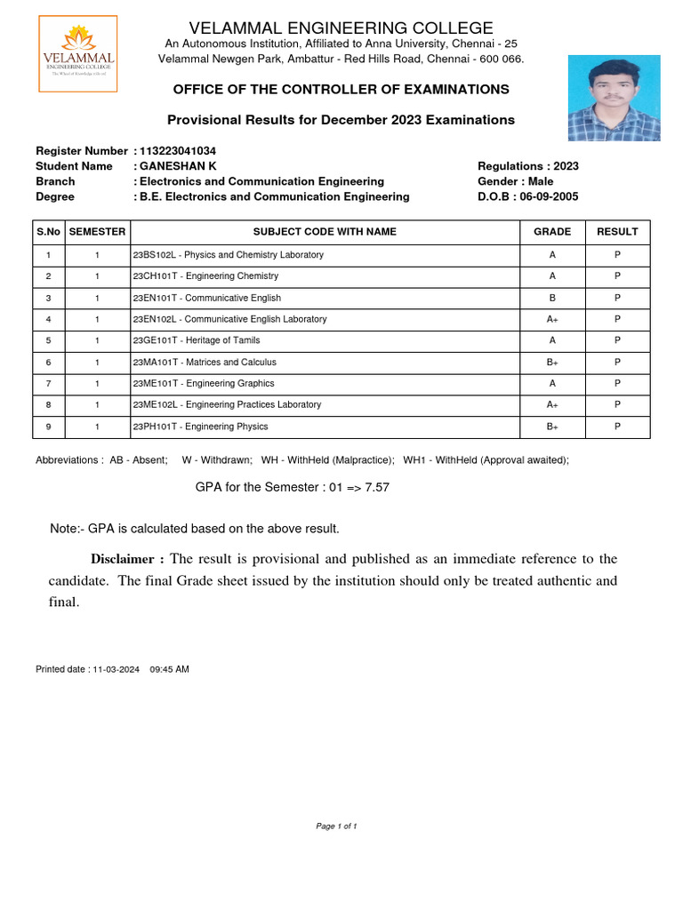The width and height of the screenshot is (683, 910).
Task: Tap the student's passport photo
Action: coord(614,98)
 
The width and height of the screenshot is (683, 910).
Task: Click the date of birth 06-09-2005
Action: coord(548,196)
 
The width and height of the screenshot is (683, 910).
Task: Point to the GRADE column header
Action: coord(552,232)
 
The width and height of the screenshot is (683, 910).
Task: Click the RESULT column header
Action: coord(617,232)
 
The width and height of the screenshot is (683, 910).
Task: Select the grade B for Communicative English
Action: coord(552,298)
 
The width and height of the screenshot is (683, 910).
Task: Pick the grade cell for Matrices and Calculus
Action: coord(552,363)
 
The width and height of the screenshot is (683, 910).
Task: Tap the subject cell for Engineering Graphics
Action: coord(204,384)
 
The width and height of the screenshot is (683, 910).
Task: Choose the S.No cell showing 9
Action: coord(48,427)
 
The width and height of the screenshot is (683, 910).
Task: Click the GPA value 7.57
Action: coord(377,488)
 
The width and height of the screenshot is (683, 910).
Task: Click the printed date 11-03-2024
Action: coord(116,669)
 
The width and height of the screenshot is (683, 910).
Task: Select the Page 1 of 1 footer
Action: coord(336,826)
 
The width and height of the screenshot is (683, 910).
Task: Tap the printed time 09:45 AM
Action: coord(170,669)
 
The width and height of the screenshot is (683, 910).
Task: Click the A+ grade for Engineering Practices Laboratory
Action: coord(552,405)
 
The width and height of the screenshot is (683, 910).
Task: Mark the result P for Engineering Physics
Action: coord(617,427)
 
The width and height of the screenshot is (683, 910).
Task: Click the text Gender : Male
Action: coord(515,181)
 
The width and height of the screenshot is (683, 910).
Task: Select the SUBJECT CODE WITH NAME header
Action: coord(325,232)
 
